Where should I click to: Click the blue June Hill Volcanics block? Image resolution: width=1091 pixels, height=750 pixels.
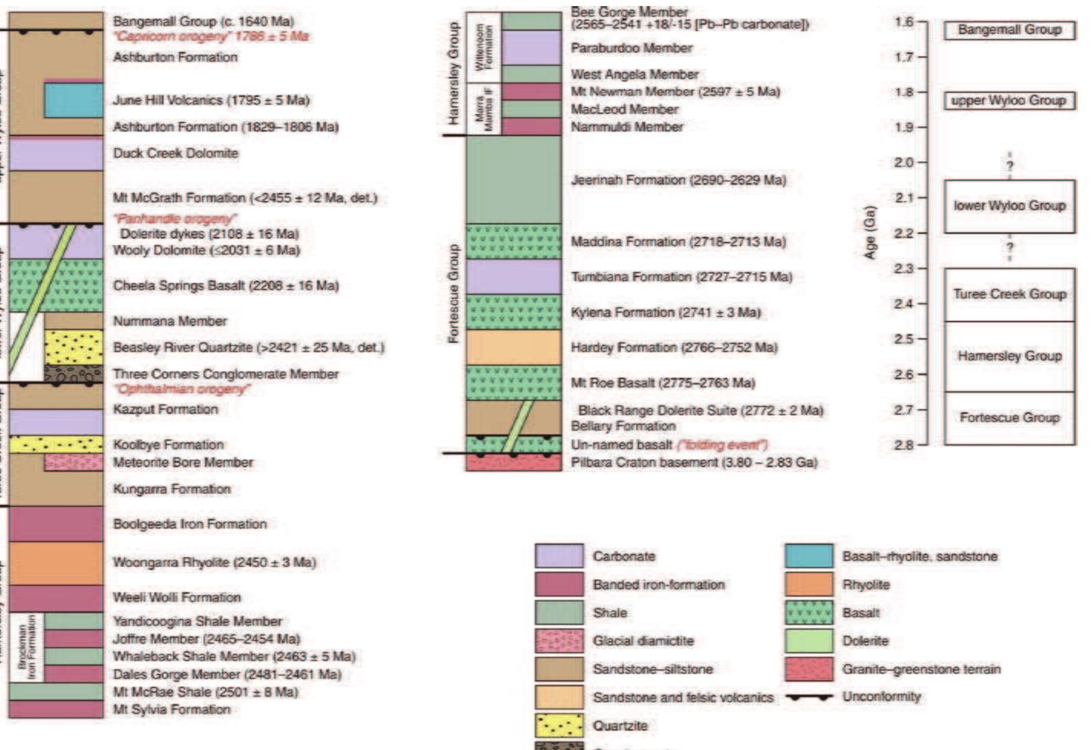coord(73,100)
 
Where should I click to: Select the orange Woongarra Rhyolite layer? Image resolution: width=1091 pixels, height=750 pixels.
coord(56,562)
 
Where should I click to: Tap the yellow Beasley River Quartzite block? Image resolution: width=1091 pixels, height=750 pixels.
coord(73,347)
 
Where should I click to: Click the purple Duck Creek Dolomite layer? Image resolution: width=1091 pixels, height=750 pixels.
coord(56,154)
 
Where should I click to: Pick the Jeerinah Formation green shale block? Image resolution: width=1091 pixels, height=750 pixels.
coord(513,179)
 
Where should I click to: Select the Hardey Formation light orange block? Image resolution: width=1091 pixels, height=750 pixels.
coord(513,347)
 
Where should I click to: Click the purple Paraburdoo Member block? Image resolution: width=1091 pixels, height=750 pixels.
coord(531,48)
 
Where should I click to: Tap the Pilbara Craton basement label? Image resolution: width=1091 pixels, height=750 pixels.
coord(694,462)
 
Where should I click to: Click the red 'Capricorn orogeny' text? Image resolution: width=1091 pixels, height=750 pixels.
coord(211,37)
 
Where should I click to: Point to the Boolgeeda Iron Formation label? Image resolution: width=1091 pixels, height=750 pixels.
coord(190,524)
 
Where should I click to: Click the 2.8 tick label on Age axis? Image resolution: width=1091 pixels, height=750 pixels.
coord(904,445)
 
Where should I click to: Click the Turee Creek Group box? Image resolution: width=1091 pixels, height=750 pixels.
coord(1010,294)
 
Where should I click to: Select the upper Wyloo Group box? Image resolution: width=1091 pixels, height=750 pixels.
coord(1010,101)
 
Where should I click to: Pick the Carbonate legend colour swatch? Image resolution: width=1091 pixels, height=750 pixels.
coord(559,556)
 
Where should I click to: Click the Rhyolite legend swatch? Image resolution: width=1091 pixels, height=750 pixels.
coord(809,584)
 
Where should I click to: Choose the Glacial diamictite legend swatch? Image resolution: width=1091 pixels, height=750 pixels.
coord(559,641)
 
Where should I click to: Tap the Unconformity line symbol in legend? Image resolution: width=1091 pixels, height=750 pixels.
coord(809,697)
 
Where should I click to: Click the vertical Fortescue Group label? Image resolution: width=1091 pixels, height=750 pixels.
coord(453,294)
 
